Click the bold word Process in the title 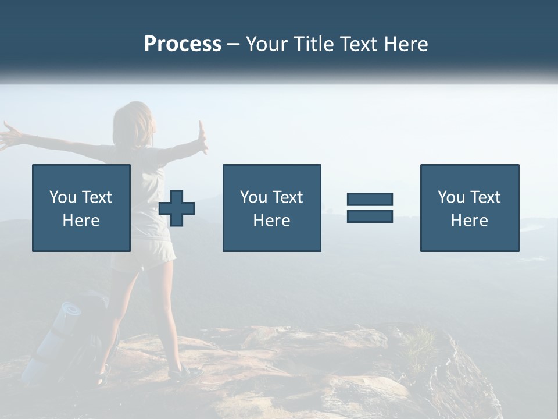coord(183,44)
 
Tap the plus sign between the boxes coord(177,208)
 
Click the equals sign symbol coord(370,208)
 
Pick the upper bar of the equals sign coord(370,199)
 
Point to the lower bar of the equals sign coord(370,216)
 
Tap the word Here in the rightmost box coord(469,221)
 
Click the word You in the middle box coord(253,197)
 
